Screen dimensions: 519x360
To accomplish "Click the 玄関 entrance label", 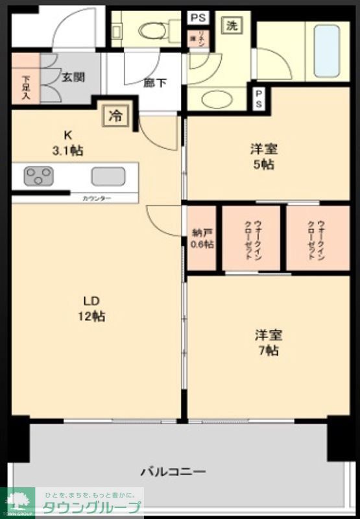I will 72,77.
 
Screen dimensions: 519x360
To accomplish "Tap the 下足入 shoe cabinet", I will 25,86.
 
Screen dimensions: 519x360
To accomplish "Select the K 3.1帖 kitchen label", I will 67,143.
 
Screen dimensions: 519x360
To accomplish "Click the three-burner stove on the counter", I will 39,176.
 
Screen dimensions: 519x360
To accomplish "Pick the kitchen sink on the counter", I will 108,176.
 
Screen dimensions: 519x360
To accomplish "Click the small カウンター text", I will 97,197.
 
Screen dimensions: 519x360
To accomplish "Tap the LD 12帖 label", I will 93,309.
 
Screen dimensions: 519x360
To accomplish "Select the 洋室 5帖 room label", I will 263,156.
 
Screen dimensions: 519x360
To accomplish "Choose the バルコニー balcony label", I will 173,471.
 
